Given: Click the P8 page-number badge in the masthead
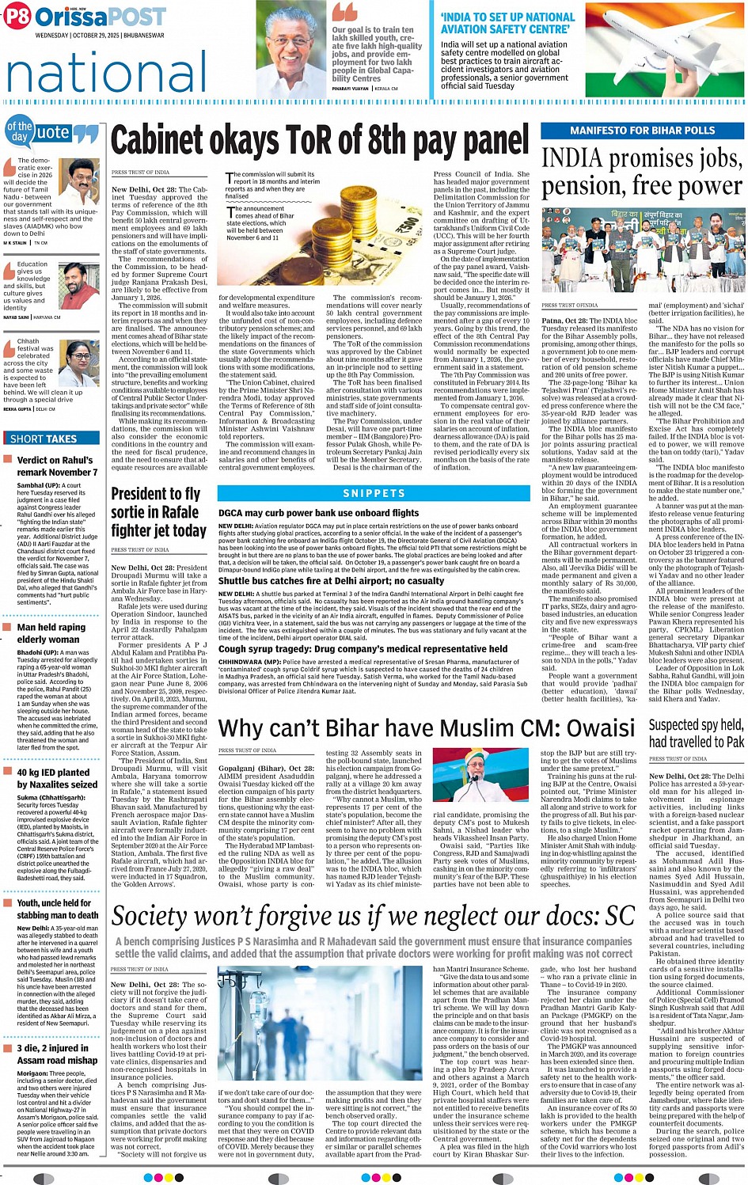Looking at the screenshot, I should [17, 17].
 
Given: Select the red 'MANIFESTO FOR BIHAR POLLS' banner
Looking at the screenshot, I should [642, 130].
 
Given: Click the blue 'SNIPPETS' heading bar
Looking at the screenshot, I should [374, 493].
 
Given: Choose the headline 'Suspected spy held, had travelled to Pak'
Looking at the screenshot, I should [696, 733].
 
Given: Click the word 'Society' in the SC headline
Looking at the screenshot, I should [155, 917].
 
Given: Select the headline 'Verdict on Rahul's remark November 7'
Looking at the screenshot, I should [57, 466].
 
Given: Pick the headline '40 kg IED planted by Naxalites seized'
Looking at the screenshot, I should [57, 778].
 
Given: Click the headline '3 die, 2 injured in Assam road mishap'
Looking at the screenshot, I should [57, 1054].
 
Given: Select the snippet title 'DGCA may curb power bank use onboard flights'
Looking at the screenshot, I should [318, 513].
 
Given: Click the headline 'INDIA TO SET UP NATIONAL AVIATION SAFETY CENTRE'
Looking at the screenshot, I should [507, 23].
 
